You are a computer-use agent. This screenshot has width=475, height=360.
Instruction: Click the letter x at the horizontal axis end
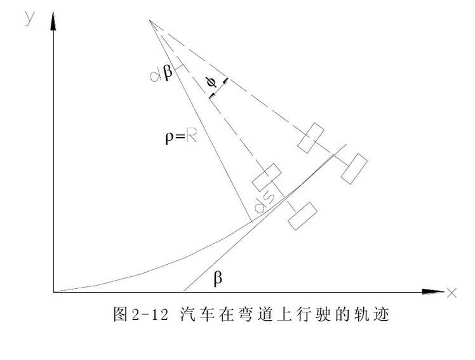(452, 293)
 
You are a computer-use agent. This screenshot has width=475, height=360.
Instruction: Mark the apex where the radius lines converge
(150, 20)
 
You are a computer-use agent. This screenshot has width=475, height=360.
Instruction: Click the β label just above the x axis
(218, 278)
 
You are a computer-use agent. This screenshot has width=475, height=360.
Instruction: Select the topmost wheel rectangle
(311, 137)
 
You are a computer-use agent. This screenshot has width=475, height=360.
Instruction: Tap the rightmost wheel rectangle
(354, 168)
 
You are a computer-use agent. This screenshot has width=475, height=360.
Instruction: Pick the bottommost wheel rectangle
(302, 216)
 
